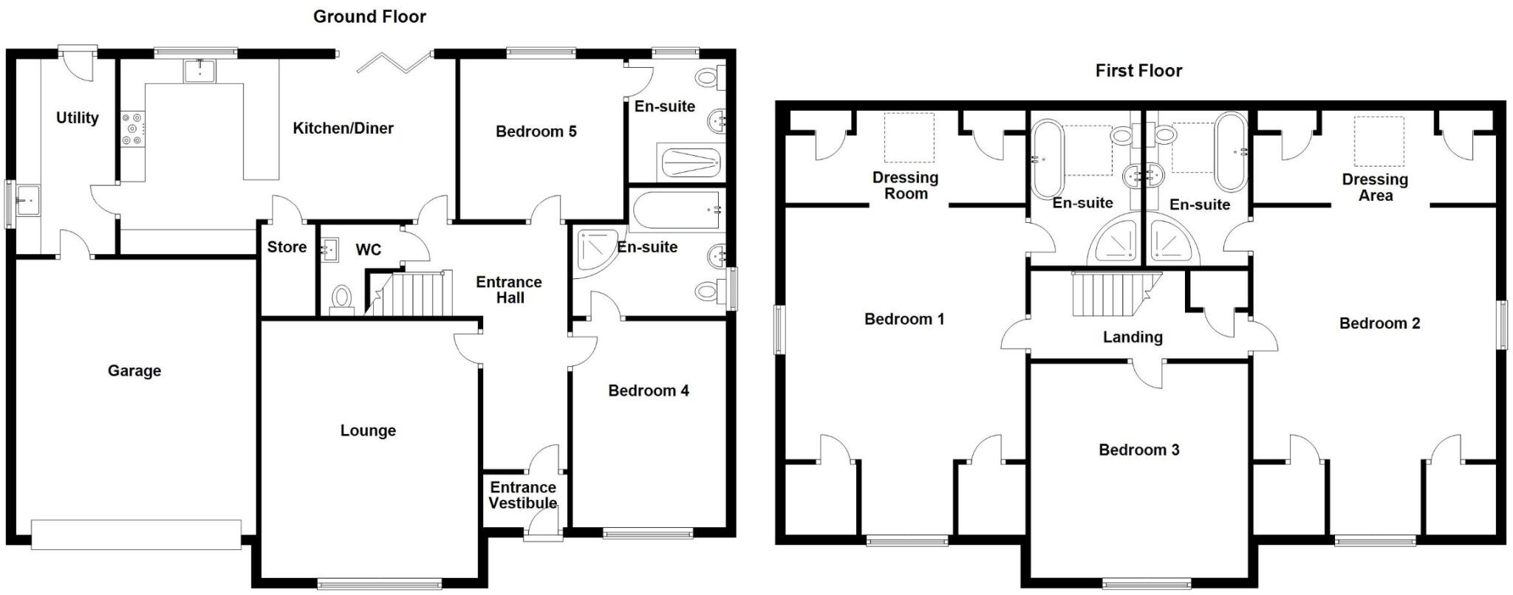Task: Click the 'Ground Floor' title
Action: (369, 16)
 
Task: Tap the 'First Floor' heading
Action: (1138, 70)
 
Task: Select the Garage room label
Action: (134, 371)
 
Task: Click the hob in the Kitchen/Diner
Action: (133, 128)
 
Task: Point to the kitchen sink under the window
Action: (199, 71)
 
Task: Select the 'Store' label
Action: (287, 247)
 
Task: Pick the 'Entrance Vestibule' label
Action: (522, 495)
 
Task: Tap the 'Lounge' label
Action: (368, 430)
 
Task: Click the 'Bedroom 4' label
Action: (648, 391)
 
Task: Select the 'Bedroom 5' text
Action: (536, 131)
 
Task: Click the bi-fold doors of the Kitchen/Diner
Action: (393, 62)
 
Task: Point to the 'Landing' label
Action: (1133, 337)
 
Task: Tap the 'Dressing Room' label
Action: (905, 185)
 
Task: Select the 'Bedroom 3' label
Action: (1138, 450)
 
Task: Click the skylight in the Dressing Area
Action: (1379, 141)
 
